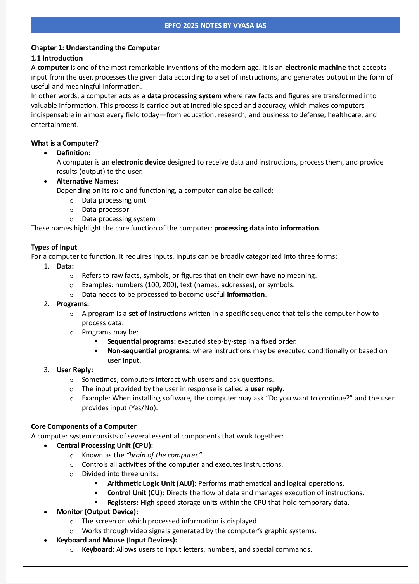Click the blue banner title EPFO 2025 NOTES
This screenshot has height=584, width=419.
pos(215,26)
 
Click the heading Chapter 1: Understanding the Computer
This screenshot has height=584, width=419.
pos(95,48)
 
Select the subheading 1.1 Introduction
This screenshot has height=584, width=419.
pos(57,58)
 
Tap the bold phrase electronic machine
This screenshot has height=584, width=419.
pos(315,68)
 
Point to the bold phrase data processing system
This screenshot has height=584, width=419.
pos(184,96)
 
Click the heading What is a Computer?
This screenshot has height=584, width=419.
pos(65,143)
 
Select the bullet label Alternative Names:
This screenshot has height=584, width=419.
pos(87,181)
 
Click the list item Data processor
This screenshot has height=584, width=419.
pos(105,210)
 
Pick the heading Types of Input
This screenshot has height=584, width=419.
pos(54,247)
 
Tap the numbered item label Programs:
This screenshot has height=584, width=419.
pos(73,304)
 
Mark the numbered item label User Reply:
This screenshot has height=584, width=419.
pos(75,370)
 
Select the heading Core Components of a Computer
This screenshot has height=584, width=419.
pos(84,426)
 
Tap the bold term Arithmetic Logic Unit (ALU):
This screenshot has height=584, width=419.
pos(152,483)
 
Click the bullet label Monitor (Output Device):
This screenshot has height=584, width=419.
pos(97,512)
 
